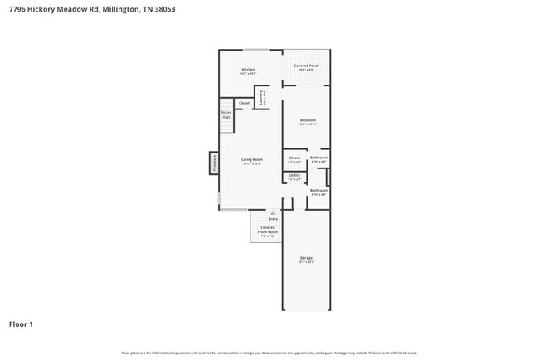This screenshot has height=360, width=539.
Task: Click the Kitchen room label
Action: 248,70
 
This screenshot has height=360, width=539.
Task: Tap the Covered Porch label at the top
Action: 306,66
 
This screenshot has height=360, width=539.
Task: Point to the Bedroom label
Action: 308,121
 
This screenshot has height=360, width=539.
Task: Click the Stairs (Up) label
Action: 226,115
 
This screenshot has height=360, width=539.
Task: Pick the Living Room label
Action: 252,160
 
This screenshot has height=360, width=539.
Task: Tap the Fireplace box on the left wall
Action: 214,163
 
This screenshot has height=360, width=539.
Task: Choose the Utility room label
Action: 294,176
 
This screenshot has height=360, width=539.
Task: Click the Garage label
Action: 306,259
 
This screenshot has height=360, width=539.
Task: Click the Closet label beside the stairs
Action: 244,103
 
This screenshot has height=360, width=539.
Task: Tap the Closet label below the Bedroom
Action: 294,158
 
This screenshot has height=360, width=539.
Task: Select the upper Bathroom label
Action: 318,158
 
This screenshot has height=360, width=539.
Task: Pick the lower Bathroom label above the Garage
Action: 318,191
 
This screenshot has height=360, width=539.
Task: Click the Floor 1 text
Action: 21,324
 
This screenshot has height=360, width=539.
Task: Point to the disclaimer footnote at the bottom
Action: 269,353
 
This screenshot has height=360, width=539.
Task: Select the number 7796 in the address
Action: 18,10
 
